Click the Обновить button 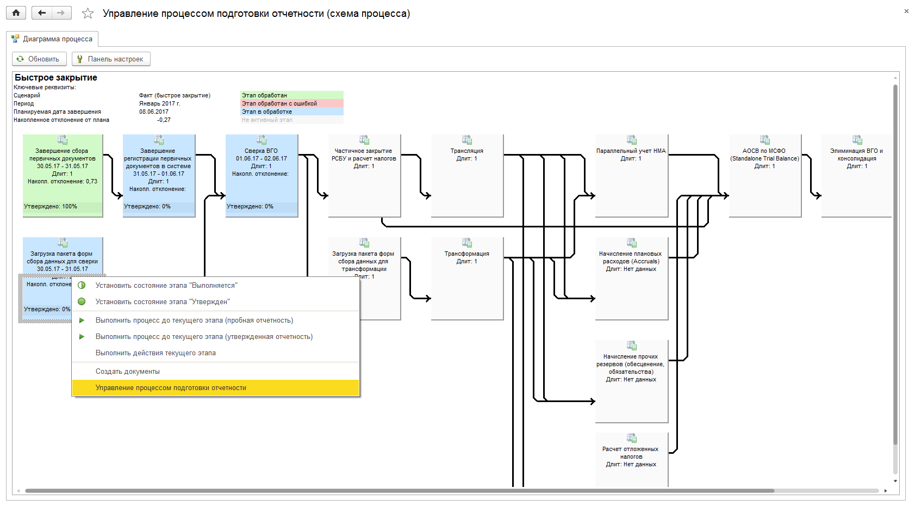click(x=39, y=59)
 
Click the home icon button click(x=16, y=13)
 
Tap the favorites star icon click(x=88, y=14)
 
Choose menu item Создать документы click(x=128, y=372)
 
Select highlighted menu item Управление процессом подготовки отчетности click(x=171, y=388)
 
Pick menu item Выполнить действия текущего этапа click(x=155, y=353)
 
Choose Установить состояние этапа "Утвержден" click(x=163, y=302)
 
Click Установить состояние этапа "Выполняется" click(x=166, y=286)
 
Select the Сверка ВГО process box click(x=262, y=175)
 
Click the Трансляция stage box click(x=467, y=175)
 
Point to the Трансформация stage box click(x=467, y=278)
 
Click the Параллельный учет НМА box click(x=631, y=175)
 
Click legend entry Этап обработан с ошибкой click(x=279, y=103)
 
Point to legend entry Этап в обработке click(x=267, y=112)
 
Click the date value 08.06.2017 click(x=154, y=112)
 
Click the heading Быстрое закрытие click(x=56, y=78)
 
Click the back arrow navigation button click(x=42, y=13)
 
